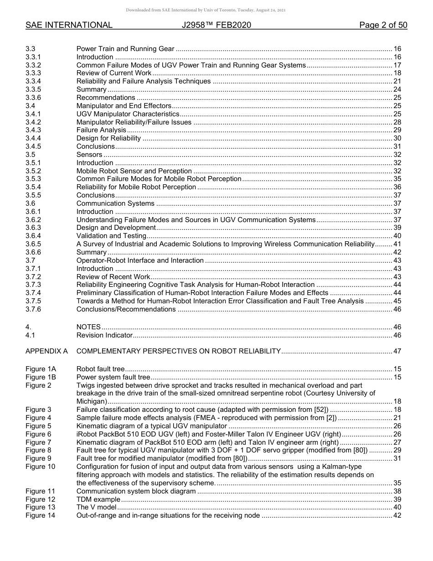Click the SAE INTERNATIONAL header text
[69, 25]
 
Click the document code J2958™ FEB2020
[216, 25]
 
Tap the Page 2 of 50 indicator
[383, 25]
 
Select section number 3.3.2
[33, 65]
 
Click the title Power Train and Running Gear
[125, 49]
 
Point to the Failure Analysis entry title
[101, 130]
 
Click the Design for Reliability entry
[108, 138]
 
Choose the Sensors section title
[89, 155]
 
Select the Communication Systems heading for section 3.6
[115, 203]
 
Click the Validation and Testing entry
[111, 236]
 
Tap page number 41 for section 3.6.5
[397, 244]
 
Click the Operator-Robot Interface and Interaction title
[140, 260]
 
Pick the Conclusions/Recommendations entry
[126, 309]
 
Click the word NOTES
[88, 327]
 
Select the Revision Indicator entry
[104, 335]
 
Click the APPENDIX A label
[46, 351]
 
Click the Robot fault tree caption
[100, 369]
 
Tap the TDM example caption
[98, 499]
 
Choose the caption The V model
[96, 507]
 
